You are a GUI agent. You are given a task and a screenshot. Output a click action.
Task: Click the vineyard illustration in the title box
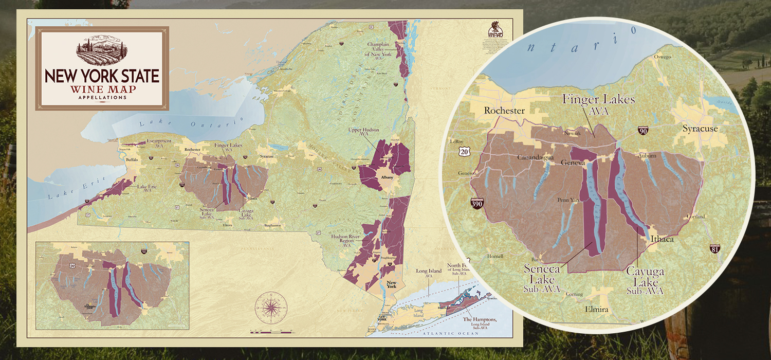coord(102,50)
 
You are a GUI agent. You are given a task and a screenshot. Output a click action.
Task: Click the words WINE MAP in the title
coord(102,89)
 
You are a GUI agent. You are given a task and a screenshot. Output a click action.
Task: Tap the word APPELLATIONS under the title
coord(102,97)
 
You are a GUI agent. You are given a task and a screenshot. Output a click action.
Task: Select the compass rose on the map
coord(269,306)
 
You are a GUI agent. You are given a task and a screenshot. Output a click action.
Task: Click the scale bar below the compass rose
coord(269,332)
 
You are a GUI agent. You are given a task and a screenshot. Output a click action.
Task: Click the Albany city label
coord(387,177)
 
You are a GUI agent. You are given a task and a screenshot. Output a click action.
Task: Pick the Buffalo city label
coord(132,160)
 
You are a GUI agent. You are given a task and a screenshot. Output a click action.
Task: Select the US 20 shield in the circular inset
coord(465,151)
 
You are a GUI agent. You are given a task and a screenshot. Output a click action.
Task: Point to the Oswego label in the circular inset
coord(662,57)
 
